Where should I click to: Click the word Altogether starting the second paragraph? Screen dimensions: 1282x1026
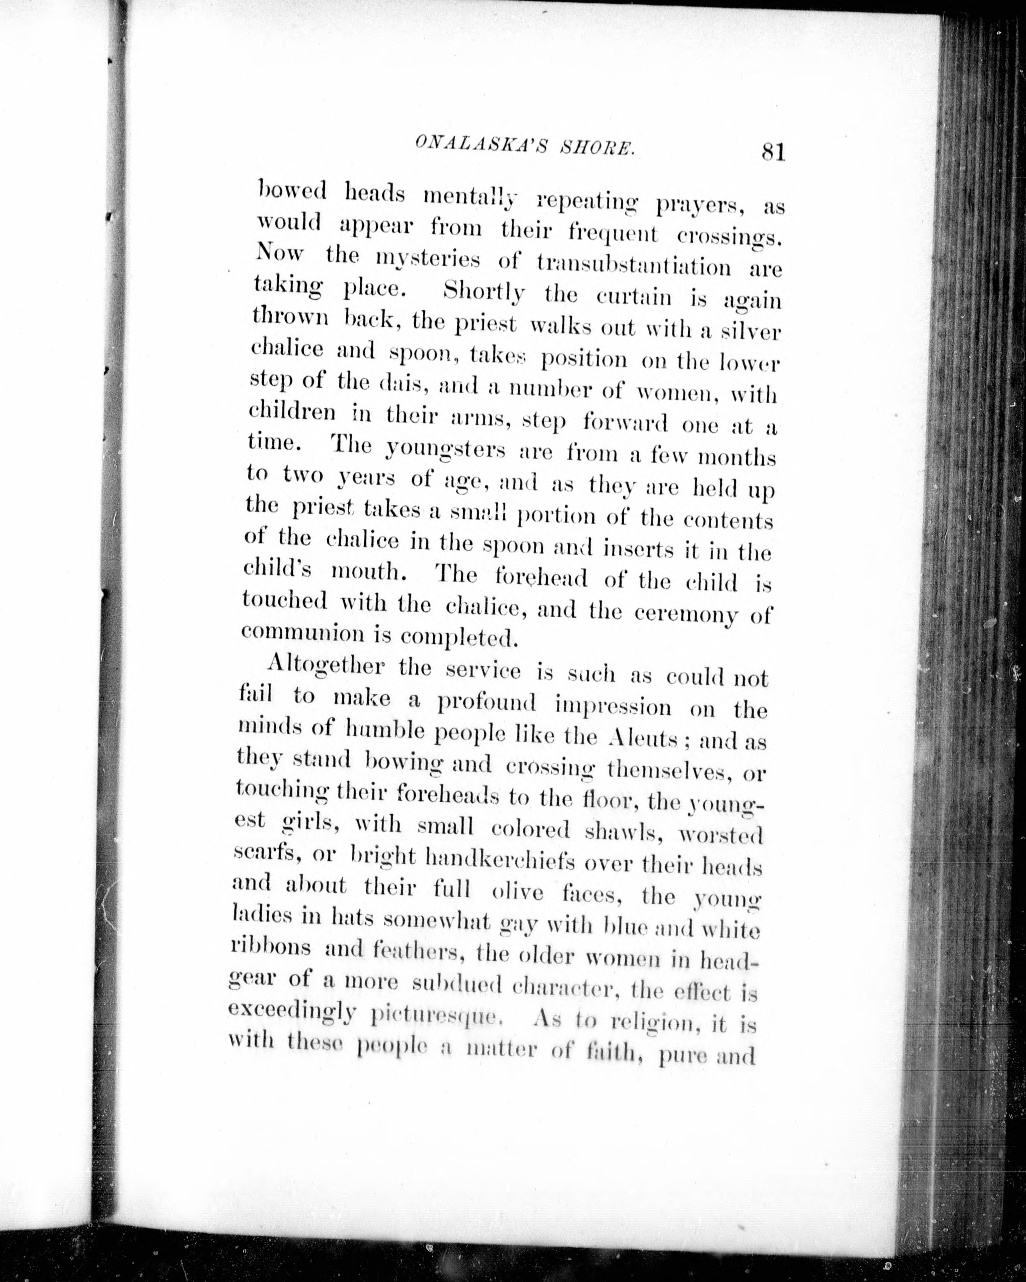click(x=325, y=667)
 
